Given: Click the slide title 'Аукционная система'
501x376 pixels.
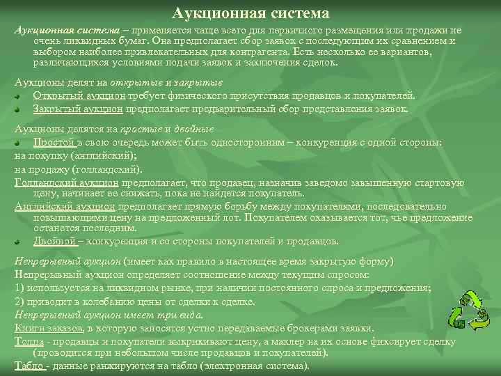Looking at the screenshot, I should pos(250,13).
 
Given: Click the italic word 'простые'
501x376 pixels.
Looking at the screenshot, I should pos(140,130).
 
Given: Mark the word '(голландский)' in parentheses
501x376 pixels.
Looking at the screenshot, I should pos(104,168).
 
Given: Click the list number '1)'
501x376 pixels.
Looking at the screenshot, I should pos(20,288).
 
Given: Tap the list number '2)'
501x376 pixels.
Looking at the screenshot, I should pos(20,301).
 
